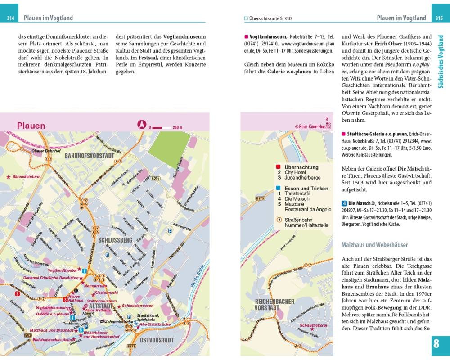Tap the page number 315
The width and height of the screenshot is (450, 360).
tap(439, 18)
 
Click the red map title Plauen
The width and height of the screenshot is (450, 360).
tap(31, 126)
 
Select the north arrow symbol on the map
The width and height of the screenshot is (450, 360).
tap(142, 125)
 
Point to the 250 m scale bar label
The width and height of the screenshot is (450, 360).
tap(177, 127)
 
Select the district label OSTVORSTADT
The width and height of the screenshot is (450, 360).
tap(156, 340)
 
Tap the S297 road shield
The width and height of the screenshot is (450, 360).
tap(156, 179)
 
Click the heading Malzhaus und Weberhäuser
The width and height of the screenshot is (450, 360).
tap(374, 245)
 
